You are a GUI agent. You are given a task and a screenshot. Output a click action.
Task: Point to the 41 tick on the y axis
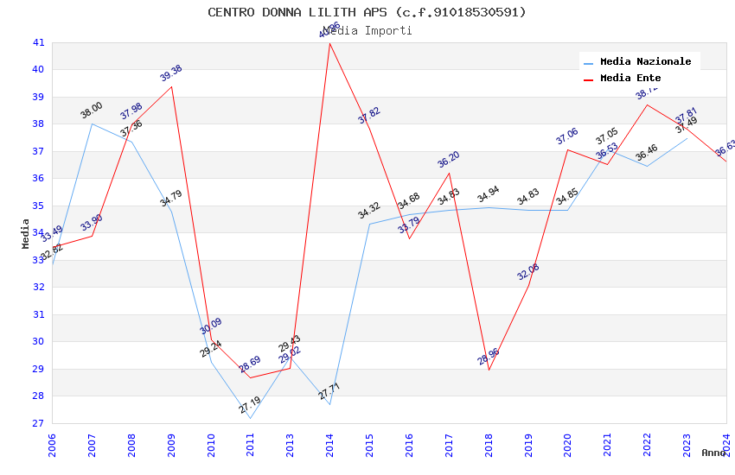[38, 42]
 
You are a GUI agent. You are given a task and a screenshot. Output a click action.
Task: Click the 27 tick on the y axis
[38, 424]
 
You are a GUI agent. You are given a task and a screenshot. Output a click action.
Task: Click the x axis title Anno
[713, 453]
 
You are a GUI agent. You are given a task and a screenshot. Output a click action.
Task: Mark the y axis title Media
[26, 233]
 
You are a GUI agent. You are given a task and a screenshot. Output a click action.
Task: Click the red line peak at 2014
[329, 43]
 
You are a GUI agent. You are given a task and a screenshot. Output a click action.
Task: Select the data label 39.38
[171, 73]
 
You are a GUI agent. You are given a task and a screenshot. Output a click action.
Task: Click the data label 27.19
[250, 405]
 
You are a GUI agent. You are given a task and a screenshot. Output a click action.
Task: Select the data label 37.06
[567, 136]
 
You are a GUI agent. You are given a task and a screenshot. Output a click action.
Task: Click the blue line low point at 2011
[250, 419]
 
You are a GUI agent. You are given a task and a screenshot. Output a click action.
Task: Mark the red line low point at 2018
[489, 370]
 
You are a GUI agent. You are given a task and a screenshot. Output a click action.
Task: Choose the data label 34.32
[369, 211]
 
